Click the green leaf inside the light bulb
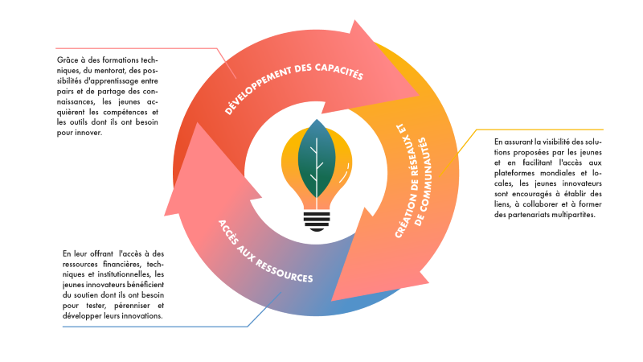317,156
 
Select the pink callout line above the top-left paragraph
137,48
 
